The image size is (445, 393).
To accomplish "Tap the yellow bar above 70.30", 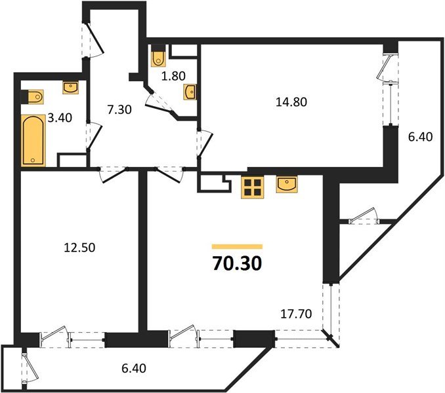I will tap(237, 246).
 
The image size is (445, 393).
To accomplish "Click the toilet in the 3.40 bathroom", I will tap(33, 97).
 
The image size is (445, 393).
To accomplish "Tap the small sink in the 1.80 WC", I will tap(190, 92).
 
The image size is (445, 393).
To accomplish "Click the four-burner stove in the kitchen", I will tap(253, 187).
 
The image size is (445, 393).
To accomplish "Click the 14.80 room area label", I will tap(292, 102).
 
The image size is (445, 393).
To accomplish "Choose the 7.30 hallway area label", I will tap(119, 110).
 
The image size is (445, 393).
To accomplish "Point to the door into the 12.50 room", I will tap(113, 173).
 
